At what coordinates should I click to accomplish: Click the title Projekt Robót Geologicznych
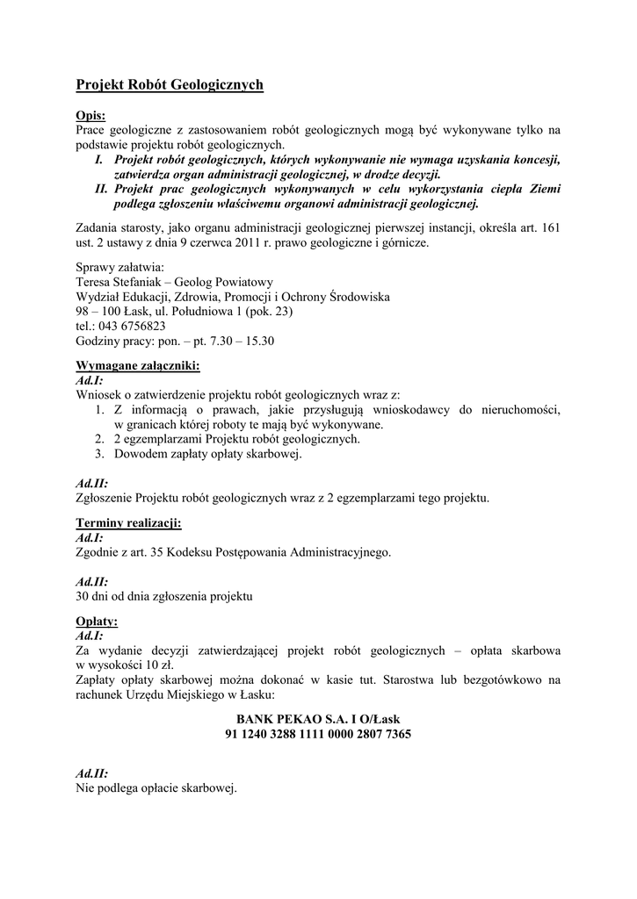pyautogui.click(x=170, y=85)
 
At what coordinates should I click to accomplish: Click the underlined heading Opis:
pyautogui.click(x=90, y=116)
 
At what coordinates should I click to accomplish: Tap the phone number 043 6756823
pyautogui.click(x=130, y=326)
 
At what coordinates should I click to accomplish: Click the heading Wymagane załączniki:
pyautogui.click(x=138, y=365)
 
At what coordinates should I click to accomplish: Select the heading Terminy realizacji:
pyautogui.click(x=128, y=523)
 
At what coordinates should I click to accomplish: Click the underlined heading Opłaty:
pyautogui.click(x=97, y=622)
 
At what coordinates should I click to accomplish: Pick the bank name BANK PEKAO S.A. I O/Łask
pyautogui.click(x=318, y=719)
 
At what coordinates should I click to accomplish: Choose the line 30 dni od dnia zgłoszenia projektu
pyautogui.click(x=164, y=597)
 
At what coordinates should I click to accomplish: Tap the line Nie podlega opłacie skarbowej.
pyautogui.click(x=156, y=788)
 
